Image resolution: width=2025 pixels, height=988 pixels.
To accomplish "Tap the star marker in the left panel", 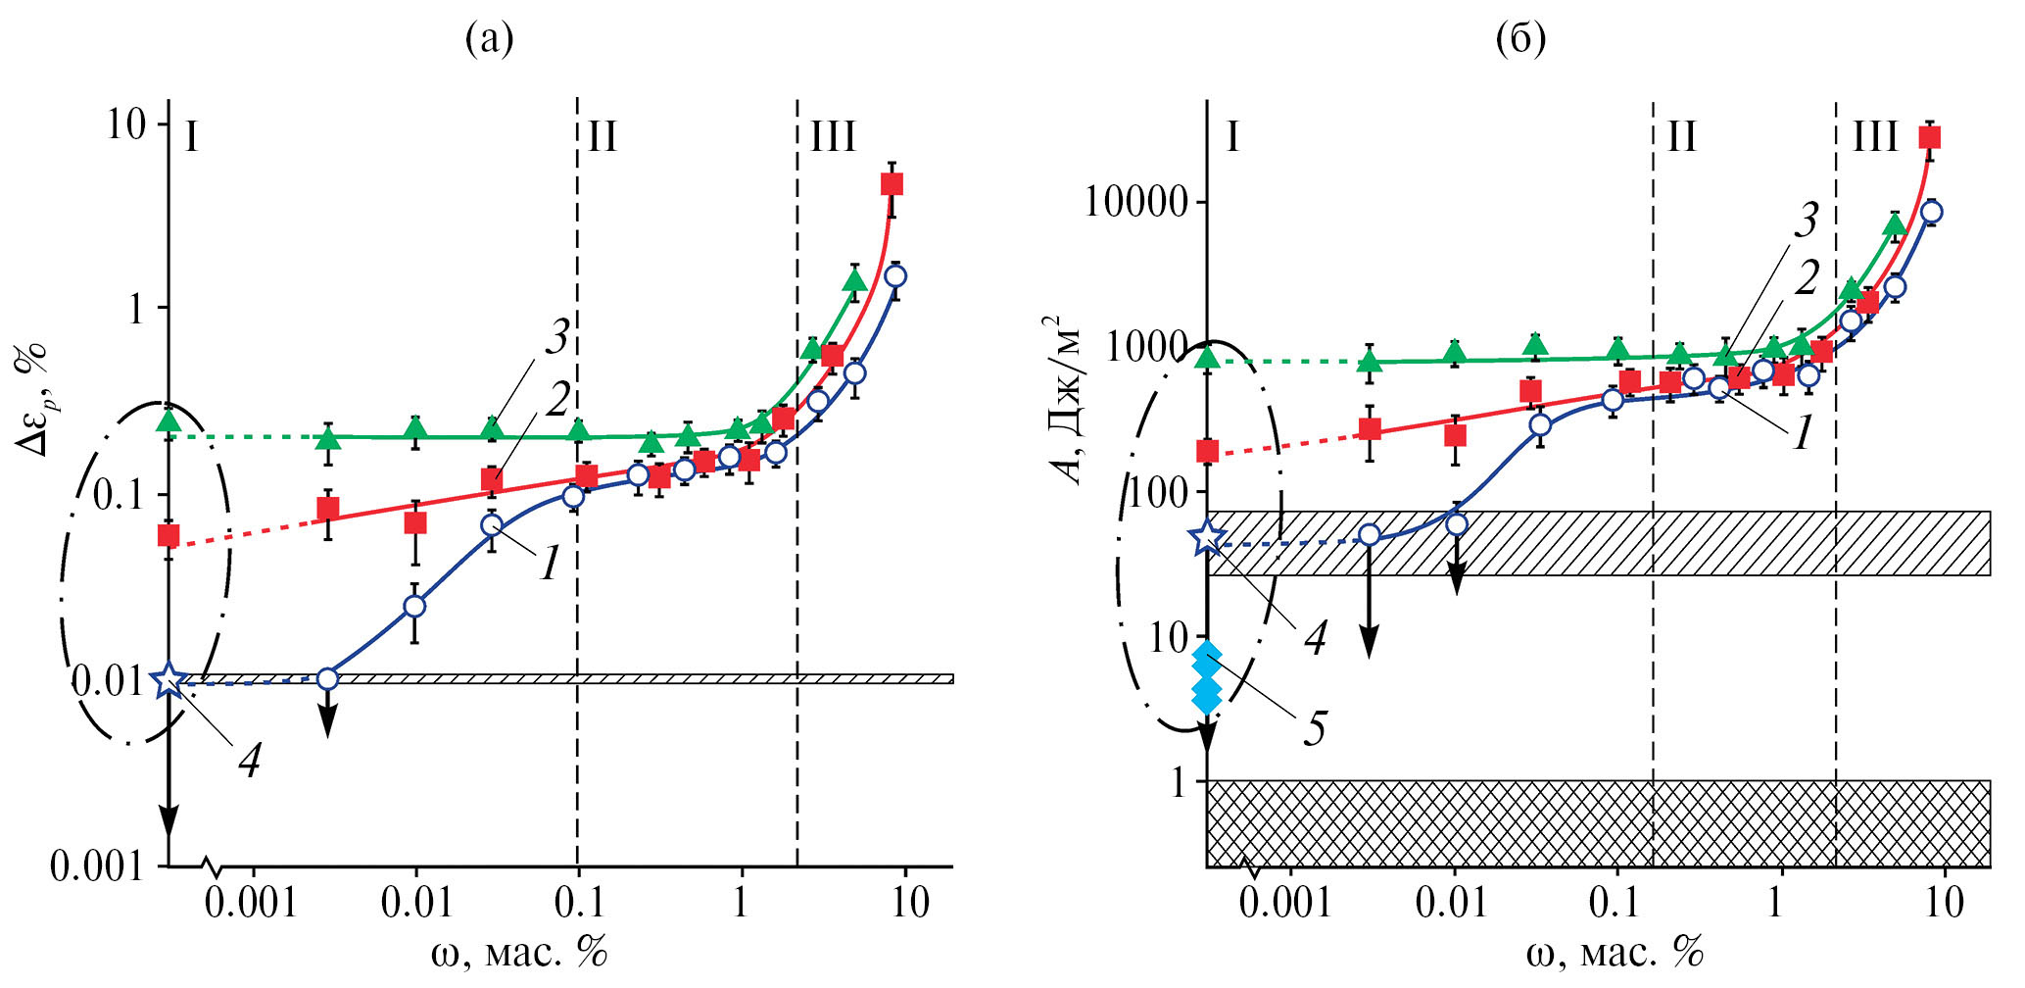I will click(169, 679).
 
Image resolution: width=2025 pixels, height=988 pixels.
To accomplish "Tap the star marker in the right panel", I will click(1208, 537).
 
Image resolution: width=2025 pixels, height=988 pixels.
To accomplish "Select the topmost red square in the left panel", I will click(892, 184).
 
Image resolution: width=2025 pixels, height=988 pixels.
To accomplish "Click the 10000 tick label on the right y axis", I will click(1135, 202).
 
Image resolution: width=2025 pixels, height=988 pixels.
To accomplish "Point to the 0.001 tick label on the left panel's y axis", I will click(96, 866).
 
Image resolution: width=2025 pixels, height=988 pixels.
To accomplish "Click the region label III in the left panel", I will click(833, 137).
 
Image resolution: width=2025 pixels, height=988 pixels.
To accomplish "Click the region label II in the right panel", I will click(1682, 137).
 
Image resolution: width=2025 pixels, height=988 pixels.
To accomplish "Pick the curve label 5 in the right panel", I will click(1315, 728).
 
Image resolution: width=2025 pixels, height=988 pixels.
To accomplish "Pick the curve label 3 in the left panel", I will click(557, 337).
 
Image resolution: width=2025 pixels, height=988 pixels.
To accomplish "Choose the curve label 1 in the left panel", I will click(551, 564).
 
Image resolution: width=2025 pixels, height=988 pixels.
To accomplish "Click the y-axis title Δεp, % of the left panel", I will click(33, 397).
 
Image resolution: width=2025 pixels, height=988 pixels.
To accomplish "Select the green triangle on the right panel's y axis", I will click(1208, 357).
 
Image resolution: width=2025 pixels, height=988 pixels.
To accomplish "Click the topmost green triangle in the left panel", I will click(855, 281).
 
